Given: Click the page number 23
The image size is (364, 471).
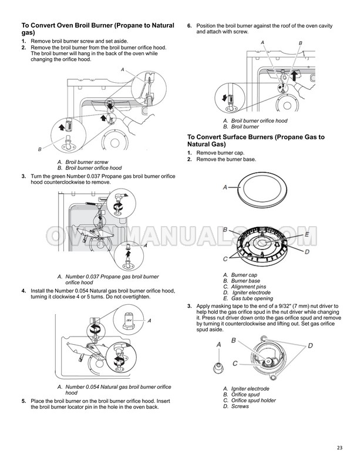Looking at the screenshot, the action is coord(339,448).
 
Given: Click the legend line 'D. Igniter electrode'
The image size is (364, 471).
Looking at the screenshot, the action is coord(247,292).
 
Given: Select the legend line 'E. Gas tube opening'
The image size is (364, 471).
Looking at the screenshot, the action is coord(248,298).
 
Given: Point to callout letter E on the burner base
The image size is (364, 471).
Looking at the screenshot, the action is coord(306,234).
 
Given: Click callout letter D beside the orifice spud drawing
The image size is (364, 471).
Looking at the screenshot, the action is coord(311,345).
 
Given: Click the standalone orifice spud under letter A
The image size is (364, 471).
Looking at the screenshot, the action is coord(218,368).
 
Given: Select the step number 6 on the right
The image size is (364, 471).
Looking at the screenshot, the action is coord(189,26).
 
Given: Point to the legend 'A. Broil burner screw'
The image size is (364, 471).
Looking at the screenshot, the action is coord(83,162).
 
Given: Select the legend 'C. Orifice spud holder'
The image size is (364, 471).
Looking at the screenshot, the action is coord(250,400).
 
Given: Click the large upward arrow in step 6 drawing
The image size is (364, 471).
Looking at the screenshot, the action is coord(295,76).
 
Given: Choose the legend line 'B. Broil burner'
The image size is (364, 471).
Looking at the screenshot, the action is coord(241,126).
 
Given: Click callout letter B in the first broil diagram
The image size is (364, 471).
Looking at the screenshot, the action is coord(40,149).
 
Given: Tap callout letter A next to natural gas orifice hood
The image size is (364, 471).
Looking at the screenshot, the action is coord(149,321).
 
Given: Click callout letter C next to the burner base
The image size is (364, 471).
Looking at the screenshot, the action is coord(225,258).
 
